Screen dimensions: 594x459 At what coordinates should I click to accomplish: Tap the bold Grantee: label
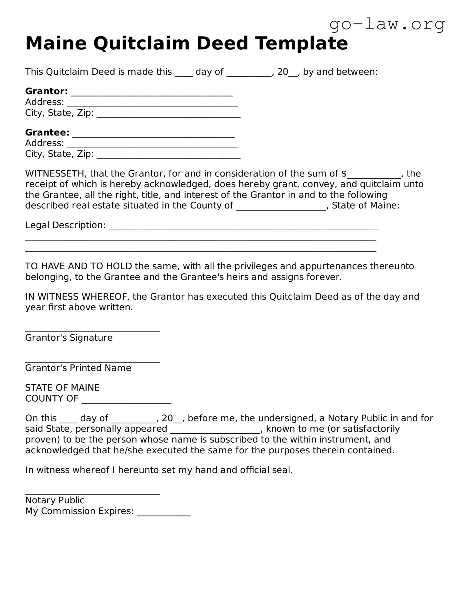tap(47, 132)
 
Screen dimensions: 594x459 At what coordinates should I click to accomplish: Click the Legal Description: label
tap(65, 225)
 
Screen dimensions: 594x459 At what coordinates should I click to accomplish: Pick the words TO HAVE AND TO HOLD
tap(79, 266)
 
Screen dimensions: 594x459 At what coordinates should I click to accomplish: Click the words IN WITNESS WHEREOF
tap(77, 296)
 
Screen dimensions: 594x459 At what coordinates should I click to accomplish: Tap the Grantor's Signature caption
tap(69, 338)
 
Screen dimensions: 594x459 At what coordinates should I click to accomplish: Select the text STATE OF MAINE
tap(62, 387)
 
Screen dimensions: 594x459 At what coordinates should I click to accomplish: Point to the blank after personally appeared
tap(215, 431)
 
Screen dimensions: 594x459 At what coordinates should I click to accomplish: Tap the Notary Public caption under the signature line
tap(54, 500)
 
